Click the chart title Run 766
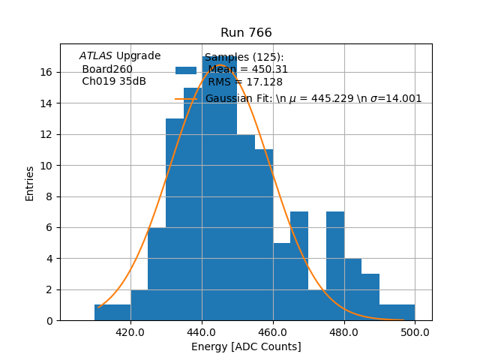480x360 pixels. [x=246, y=33]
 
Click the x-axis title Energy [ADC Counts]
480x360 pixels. [x=246, y=346]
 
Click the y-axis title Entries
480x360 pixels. [x=30, y=183]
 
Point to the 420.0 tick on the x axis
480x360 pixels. [x=130, y=331]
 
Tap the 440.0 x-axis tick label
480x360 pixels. [x=202, y=331]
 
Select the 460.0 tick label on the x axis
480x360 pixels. [x=273, y=331]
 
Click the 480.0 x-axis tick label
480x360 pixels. [x=344, y=331]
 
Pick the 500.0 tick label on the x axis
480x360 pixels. [x=415, y=331]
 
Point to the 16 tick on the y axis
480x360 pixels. [x=46, y=73]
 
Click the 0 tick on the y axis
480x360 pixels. [x=49, y=321]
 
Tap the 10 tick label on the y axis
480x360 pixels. [x=46, y=166]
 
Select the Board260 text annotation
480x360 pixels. [x=107, y=70]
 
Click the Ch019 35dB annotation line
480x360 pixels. [x=114, y=82]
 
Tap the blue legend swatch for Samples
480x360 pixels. [x=186, y=70]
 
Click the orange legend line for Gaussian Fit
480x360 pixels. [x=186, y=99]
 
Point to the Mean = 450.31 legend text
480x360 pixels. [x=248, y=70]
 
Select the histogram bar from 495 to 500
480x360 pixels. [x=406, y=313]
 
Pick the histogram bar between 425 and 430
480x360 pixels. [x=157, y=274]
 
